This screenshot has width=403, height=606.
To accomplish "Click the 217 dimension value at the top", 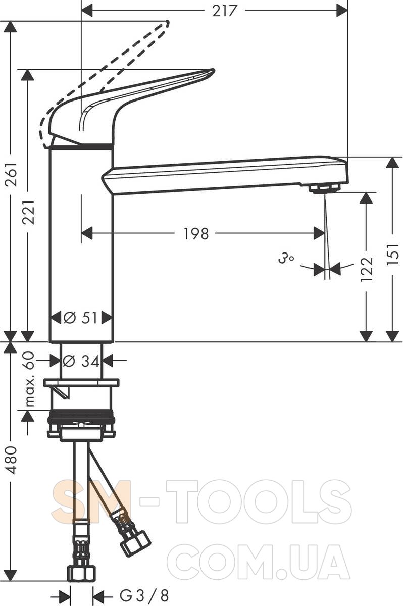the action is pos(224,11).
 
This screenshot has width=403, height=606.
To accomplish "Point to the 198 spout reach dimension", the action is pos(196,233).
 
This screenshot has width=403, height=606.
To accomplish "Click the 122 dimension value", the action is pos(367,269).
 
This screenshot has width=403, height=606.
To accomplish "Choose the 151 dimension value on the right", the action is pos(393,255).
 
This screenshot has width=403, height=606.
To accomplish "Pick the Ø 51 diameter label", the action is pos(80,317).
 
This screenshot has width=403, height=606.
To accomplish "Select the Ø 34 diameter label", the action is pos(81,361).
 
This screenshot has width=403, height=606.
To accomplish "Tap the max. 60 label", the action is pos(29,379).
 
